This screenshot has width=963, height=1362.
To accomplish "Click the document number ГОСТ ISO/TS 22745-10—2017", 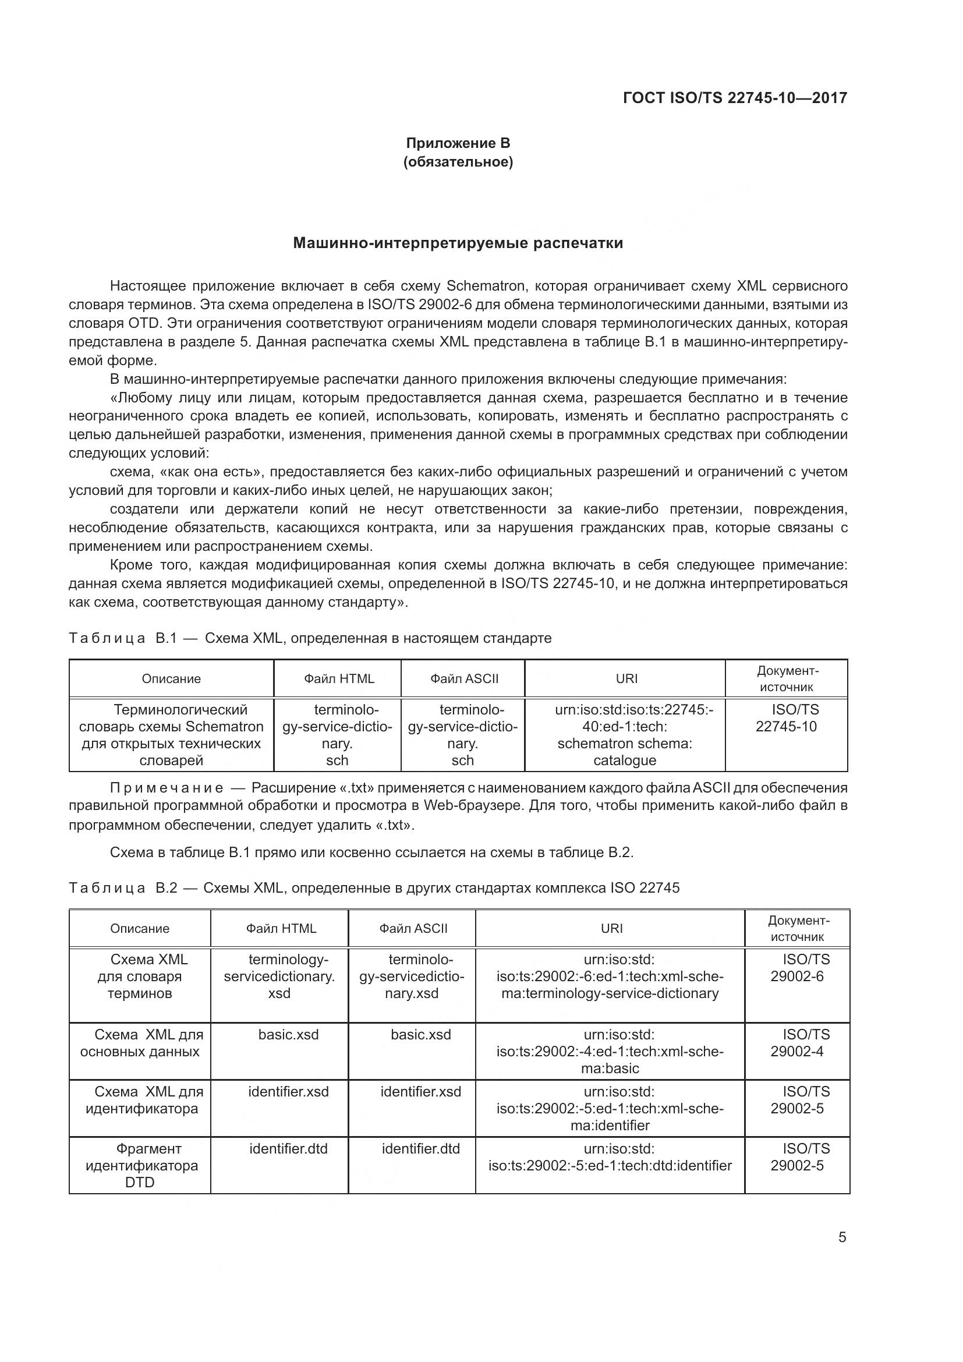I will (x=735, y=98).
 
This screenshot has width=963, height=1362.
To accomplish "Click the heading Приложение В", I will (x=458, y=143).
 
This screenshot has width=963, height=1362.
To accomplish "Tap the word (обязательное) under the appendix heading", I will (x=458, y=162).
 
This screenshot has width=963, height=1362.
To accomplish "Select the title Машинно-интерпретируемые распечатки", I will (x=458, y=243).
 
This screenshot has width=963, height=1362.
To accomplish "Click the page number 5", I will (x=842, y=1237).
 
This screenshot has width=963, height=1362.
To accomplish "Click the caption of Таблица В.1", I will (x=310, y=638).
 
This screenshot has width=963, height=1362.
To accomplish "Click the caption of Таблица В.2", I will (x=374, y=888).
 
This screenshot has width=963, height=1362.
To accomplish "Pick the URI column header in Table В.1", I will (x=626, y=678).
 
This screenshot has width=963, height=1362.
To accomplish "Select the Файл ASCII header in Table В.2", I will (x=413, y=928).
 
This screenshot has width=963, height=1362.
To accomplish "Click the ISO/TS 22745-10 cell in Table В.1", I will (x=786, y=719).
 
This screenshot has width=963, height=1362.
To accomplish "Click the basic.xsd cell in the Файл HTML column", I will (x=288, y=1035).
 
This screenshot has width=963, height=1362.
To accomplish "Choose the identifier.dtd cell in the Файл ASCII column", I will (x=420, y=1148).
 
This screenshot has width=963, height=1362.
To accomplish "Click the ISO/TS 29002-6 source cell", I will (x=798, y=968).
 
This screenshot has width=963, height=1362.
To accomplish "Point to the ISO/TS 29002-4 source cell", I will (x=798, y=1043).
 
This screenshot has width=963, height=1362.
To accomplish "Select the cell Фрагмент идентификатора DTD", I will (x=140, y=1165).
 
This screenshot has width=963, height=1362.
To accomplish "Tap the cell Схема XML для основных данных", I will (x=140, y=1043).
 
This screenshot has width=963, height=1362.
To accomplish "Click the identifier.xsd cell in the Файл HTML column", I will (x=288, y=1091).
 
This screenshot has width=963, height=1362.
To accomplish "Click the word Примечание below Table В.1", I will (x=167, y=788).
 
